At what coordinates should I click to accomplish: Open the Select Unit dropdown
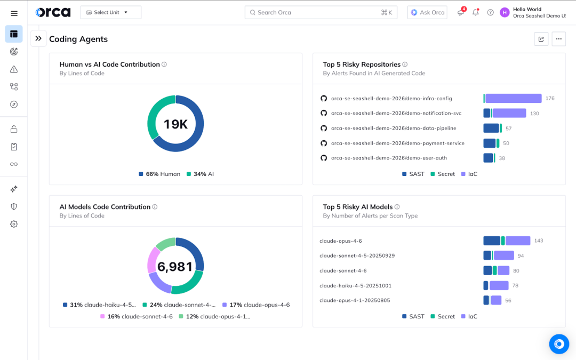pyautogui.click(x=110, y=12)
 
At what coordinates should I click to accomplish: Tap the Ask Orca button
pyautogui.click(x=427, y=12)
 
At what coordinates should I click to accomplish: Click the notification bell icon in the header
pyautogui.click(x=475, y=12)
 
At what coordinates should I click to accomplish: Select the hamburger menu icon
pyautogui.click(x=14, y=13)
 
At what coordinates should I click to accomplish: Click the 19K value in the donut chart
pyautogui.click(x=175, y=124)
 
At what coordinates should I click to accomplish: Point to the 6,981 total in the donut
pyautogui.click(x=175, y=267)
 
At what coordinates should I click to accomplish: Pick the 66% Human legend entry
pyautogui.click(x=159, y=174)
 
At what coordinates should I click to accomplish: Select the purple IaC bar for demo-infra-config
pyautogui.click(x=513, y=98)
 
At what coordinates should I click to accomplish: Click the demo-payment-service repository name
pyautogui.click(x=397, y=143)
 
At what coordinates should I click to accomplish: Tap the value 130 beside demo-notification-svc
pyautogui.click(x=534, y=114)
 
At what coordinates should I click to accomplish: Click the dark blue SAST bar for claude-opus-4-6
pyautogui.click(x=492, y=241)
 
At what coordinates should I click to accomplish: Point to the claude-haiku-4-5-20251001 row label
pyautogui.click(x=355, y=285)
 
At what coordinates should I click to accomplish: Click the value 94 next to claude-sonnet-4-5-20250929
pyautogui.click(x=521, y=256)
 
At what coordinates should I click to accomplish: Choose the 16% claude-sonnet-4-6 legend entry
pyautogui.click(x=137, y=316)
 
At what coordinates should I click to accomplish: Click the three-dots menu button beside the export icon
pyautogui.click(x=558, y=39)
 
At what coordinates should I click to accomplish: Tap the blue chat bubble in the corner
pyautogui.click(x=559, y=344)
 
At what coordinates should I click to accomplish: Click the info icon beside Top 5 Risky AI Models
pyautogui.click(x=397, y=207)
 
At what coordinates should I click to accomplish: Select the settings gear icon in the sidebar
pyautogui.click(x=14, y=224)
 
